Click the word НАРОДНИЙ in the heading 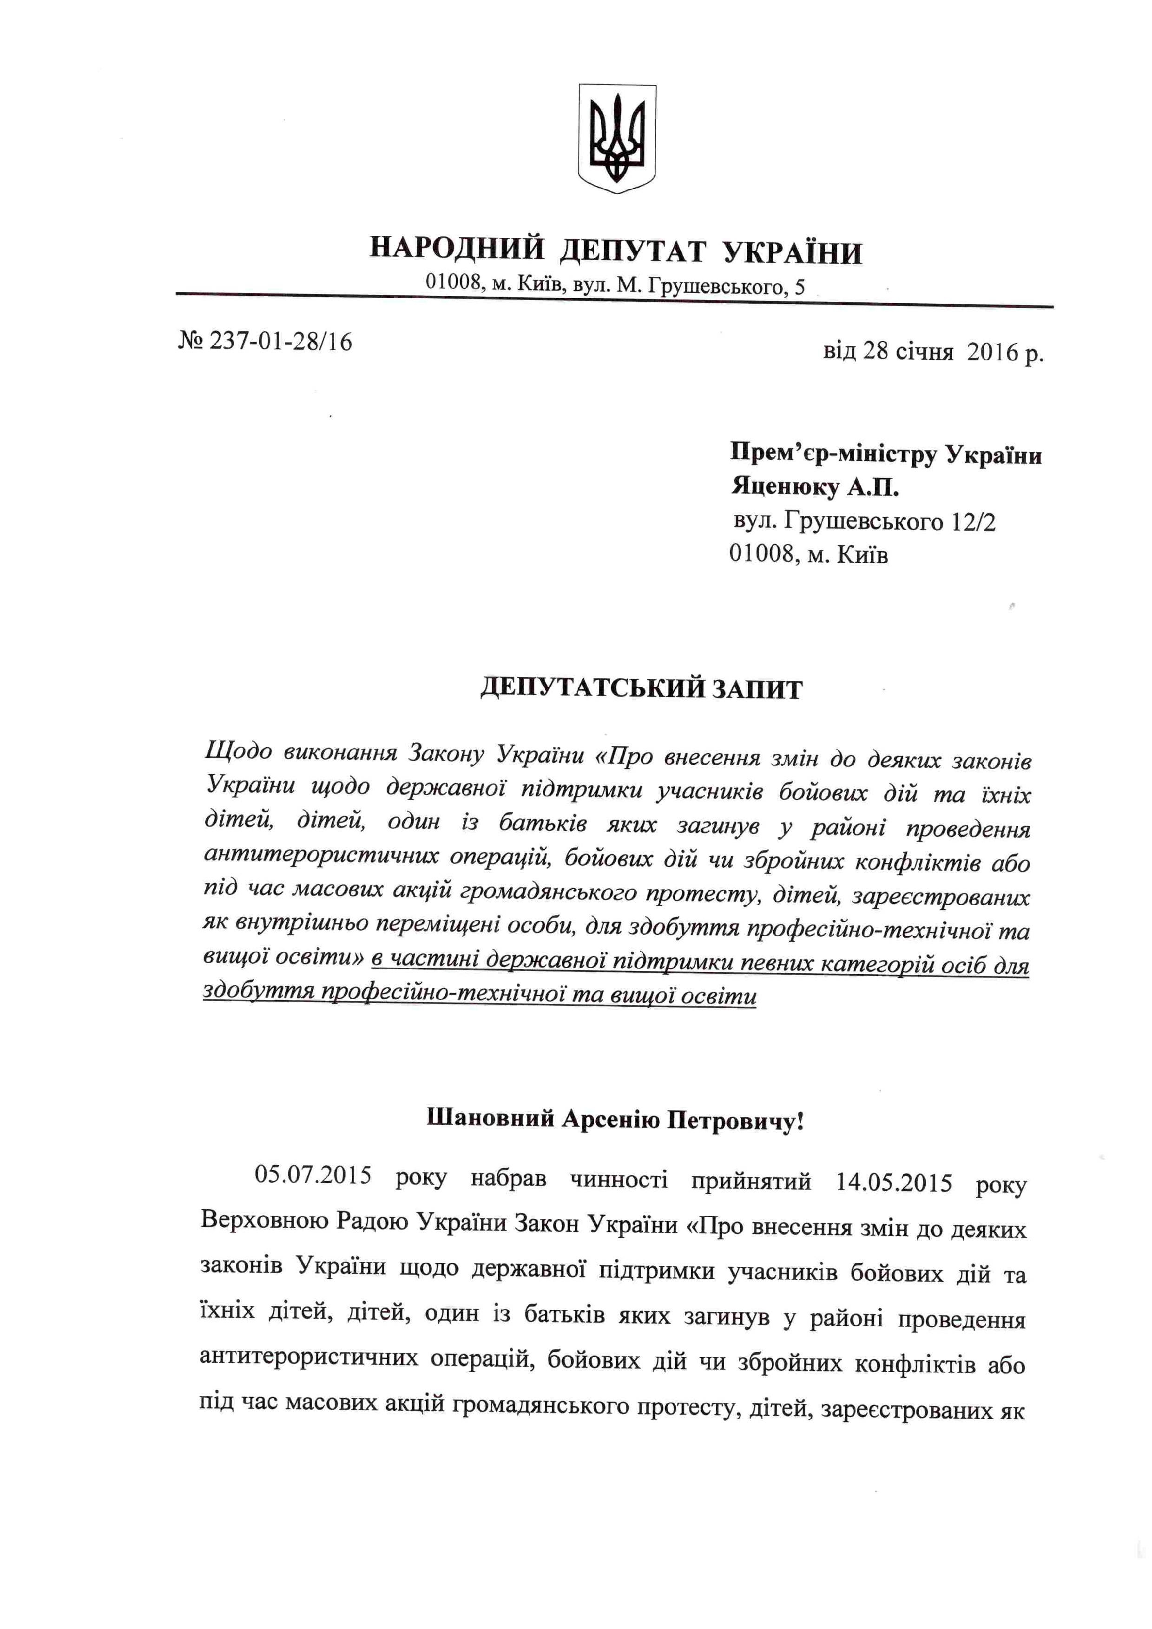[457, 250]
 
